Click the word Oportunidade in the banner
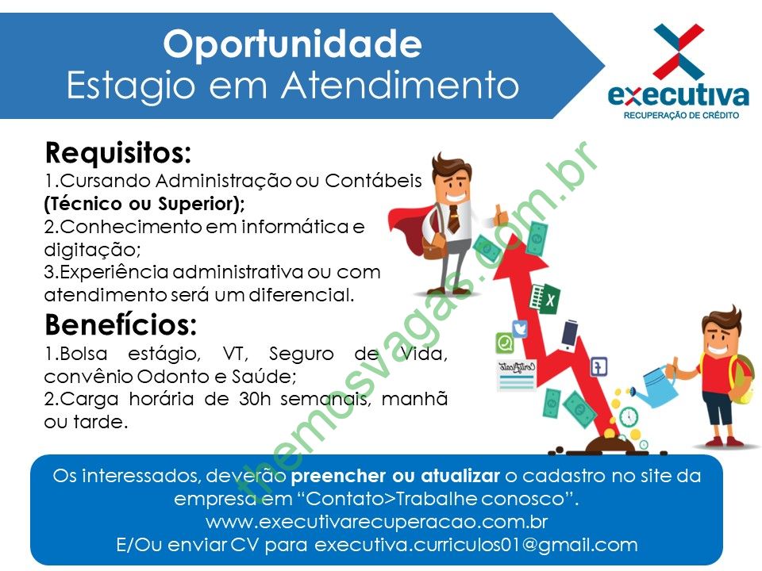[293, 44]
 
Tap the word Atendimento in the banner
[400, 86]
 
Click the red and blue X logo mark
[679, 51]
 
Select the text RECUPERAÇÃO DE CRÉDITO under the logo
[681, 116]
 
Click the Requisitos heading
[118, 152]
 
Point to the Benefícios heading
[121, 324]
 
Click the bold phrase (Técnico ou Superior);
[144, 204]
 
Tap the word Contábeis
[373, 181]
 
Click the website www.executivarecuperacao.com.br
[376, 522]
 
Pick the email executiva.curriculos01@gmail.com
[476, 545]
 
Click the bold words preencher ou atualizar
[395, 476]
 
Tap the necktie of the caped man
[453, 219]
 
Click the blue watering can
[657, 387]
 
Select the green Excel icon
[545, 297]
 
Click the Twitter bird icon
[519, 328]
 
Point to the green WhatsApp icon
[505, 343]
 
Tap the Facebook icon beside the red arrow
[598, 366]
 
